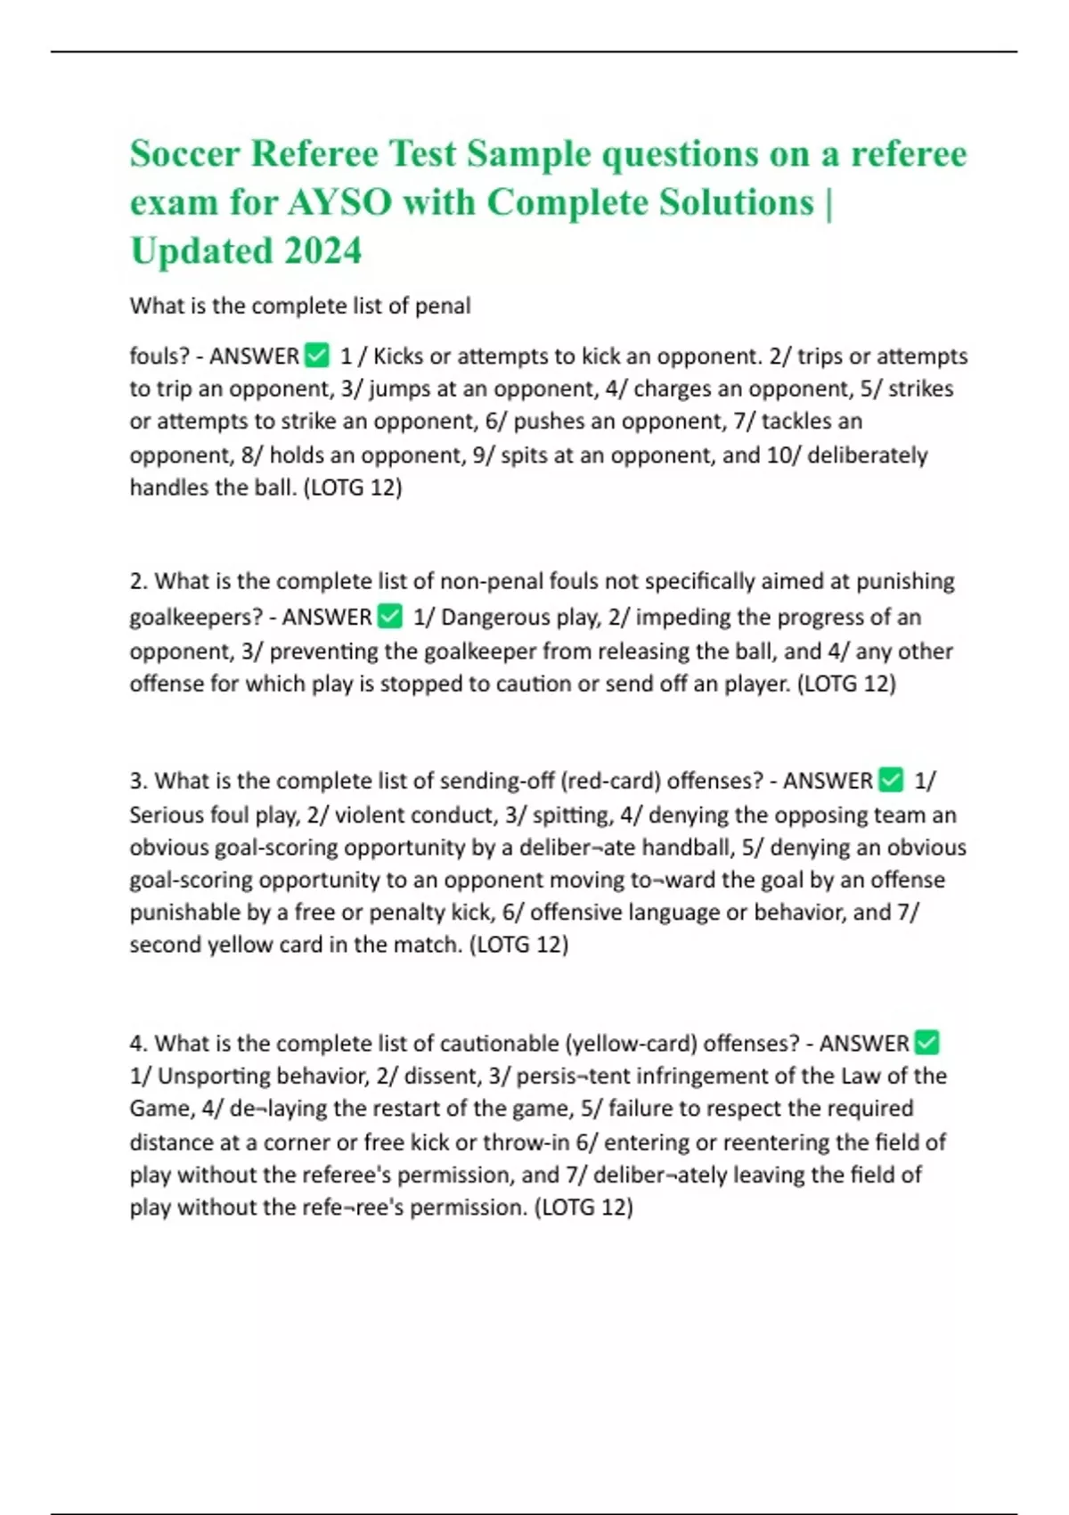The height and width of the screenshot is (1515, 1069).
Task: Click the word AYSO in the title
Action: coord(339,202)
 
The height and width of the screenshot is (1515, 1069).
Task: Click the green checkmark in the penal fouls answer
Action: coord(316,356)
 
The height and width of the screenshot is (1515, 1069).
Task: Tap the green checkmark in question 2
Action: coord(390,617)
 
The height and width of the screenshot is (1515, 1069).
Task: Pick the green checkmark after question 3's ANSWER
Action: coord(891,781)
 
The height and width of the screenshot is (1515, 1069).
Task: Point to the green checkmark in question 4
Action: coord(926,1043)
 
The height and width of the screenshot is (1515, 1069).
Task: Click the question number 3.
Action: coord(138,782)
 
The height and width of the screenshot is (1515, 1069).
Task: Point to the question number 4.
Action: coord(138,1044)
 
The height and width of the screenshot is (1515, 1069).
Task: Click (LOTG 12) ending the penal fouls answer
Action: coord(353,488)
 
